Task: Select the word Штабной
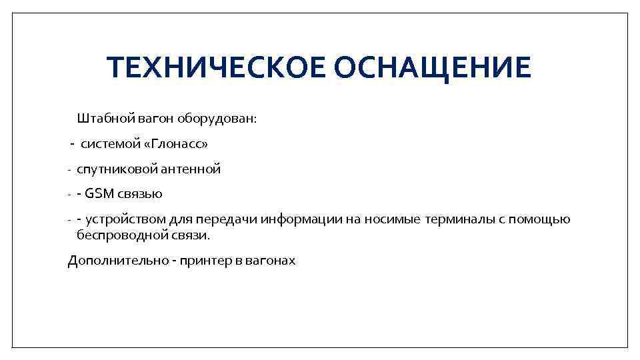pos(106,119)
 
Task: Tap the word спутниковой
pos(116,169)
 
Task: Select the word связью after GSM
pos(140,195)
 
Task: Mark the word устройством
pos(123,220)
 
